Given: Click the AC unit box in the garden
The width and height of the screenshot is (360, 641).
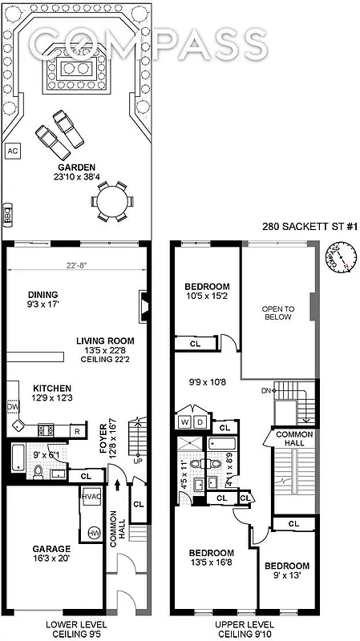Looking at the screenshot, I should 12,150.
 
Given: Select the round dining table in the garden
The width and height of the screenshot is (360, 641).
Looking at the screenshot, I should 111,201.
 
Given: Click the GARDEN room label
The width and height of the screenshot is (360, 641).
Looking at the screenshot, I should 76,167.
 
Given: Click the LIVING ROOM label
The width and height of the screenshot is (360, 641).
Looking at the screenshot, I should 111,339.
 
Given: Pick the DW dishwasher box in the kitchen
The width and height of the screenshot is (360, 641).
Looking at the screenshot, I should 12,407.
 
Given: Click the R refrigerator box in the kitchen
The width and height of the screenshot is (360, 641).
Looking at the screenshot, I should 76,432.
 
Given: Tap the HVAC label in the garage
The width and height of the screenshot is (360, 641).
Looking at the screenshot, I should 89,497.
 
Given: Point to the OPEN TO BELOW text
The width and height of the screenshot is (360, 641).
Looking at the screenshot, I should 278,312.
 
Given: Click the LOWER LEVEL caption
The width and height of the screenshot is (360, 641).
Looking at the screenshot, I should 53,623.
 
